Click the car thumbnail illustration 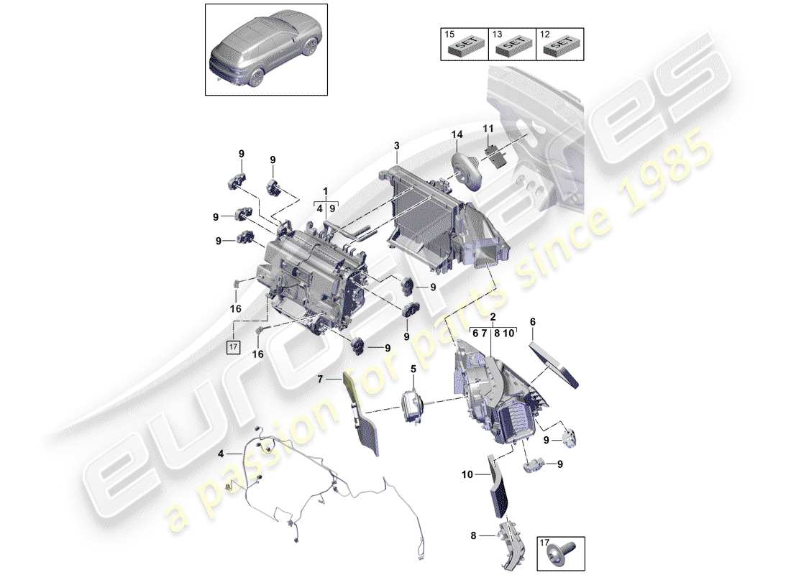point(267,49)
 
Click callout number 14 point(457,134)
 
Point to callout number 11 point(488,129)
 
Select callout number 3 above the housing point(395,147)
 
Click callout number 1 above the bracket point(325,192)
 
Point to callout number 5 point(413,370)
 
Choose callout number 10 point(469,475)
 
